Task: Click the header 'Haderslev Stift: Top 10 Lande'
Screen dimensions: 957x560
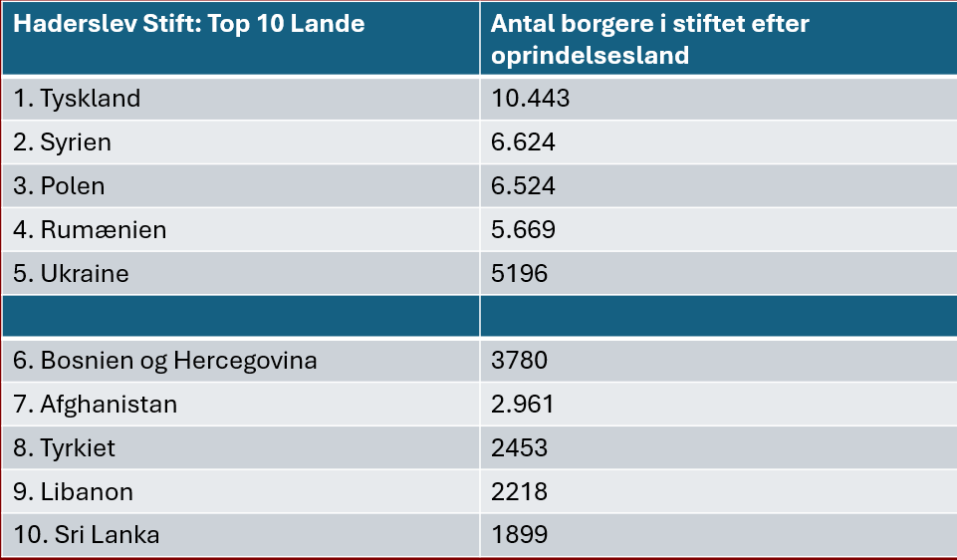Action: point(189,24)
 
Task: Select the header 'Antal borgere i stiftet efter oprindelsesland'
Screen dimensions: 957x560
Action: point(650,39)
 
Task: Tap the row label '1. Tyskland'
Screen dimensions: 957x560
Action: point(77,99)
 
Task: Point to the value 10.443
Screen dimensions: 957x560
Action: point(531,99)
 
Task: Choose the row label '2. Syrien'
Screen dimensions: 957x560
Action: point(63,142)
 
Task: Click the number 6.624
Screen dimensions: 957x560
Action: point(523,142)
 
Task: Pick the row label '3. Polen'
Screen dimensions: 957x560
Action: point(59,185)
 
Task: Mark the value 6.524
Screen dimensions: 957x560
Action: point(523,185)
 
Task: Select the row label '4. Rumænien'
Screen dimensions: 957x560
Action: point(90,229)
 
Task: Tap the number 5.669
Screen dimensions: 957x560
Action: point(523,229)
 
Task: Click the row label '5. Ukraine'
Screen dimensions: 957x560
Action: point(72,274)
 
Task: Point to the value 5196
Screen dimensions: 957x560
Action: point(520,274)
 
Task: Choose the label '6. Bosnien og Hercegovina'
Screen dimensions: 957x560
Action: point(165,361)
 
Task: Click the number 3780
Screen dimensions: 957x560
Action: point(520,361)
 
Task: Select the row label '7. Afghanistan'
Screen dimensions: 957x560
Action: point(96,405)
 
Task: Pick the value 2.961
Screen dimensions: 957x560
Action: point(523,405)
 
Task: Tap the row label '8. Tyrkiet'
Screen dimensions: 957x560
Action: point(64,448)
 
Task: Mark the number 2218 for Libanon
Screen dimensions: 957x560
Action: point(520,491)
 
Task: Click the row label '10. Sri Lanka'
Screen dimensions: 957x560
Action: point(87,535)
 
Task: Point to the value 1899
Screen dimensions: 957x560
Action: point(520,535)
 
